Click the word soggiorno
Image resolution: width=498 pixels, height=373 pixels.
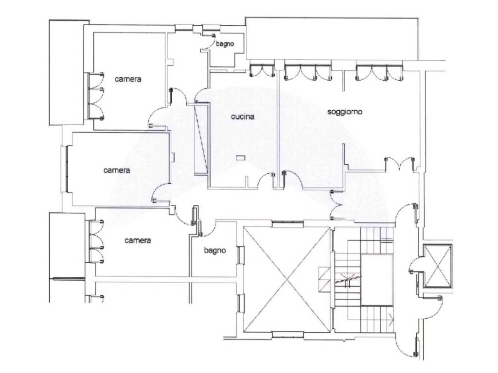345,112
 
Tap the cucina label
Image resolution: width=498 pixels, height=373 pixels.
243,117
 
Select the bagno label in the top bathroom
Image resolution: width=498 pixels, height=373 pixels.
225,44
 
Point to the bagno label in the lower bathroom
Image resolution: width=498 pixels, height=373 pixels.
215,251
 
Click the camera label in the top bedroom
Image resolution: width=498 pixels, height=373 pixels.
128,79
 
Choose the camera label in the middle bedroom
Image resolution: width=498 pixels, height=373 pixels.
117,170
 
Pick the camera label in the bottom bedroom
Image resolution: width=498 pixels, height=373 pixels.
138,240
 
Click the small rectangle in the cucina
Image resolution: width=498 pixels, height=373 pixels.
241,158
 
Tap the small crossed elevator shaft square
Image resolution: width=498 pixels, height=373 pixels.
438,266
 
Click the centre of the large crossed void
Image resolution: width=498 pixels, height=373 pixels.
287,279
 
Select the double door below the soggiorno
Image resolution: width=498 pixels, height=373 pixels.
400,164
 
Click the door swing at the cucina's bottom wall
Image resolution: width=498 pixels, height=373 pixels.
266,180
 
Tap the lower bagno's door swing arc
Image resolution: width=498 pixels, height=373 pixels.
209,229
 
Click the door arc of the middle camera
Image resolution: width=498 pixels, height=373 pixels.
160,192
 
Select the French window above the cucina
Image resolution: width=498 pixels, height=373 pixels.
262,70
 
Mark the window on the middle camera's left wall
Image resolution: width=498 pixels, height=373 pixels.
67,169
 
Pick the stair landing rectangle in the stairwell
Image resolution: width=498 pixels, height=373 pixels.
377,280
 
